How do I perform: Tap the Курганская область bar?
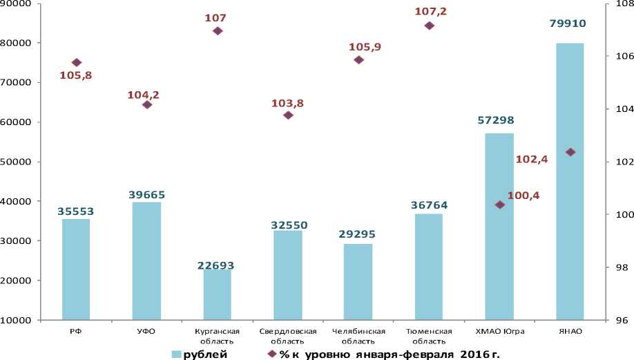[217, 294]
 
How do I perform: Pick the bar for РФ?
[76, 269]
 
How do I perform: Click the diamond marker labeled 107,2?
[429, 26]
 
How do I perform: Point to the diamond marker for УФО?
[146, 104]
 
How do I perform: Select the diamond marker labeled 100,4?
[499, 205]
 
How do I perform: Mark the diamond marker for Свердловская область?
[288, 115]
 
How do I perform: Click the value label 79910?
[568, 23]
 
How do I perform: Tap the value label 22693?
[216, 265]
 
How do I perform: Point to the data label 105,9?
[364, 47]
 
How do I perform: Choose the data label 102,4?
[532, 159]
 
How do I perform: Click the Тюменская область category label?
[429, 336]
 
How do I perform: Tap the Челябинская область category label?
[358, 336]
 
